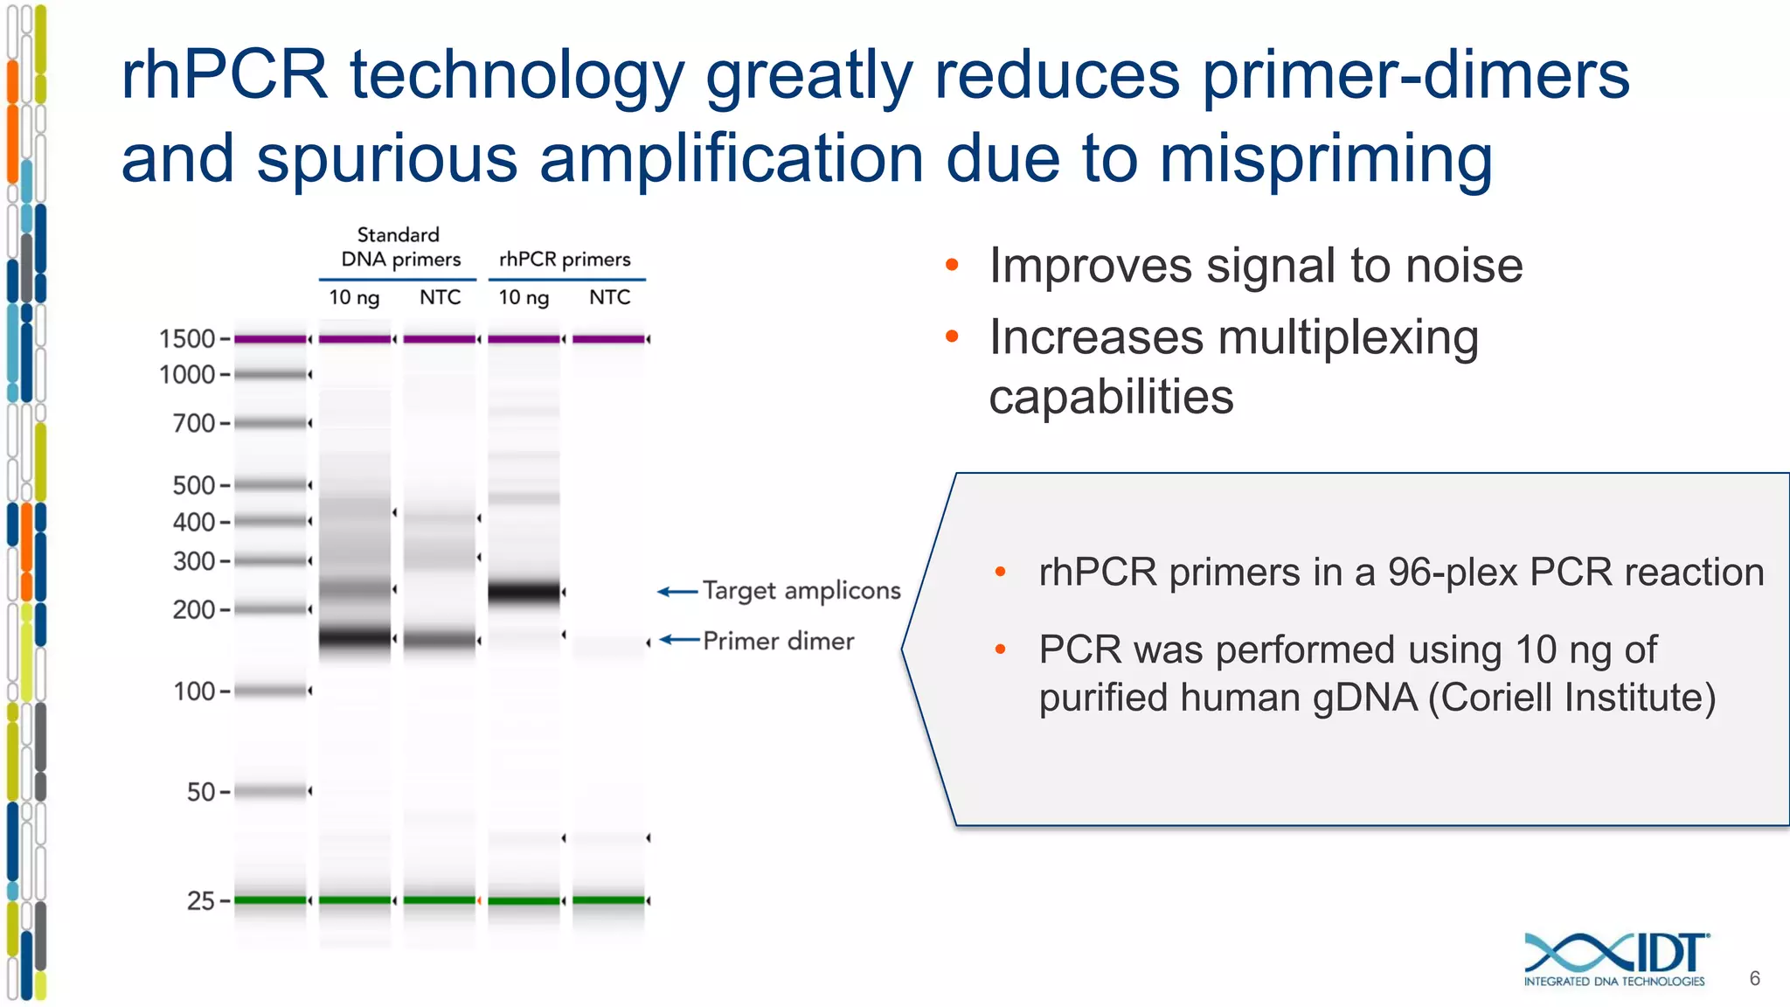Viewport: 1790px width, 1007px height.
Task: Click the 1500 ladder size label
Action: click(187, 338)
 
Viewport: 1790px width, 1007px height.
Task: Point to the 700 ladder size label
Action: click(194, 423)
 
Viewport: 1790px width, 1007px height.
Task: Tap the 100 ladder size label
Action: click(194, 691)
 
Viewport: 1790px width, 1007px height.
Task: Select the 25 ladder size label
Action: click(201, 900)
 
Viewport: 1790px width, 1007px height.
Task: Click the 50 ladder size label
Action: click(201, 792)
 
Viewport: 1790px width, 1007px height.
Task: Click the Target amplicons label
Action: click(801, 591)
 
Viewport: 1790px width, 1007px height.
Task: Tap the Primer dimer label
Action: click(778, 641)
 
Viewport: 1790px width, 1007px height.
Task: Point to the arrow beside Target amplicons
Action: click(677, 592)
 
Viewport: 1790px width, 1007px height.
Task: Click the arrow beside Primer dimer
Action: click(679, 640)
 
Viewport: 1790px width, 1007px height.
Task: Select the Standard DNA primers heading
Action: click(399, 247)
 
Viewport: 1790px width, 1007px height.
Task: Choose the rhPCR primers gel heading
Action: click(565, 260)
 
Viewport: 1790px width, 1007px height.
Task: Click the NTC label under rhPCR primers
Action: click(609, 297)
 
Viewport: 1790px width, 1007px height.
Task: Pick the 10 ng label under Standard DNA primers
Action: click(354, 297)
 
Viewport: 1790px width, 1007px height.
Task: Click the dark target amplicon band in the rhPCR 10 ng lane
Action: click(524, 593)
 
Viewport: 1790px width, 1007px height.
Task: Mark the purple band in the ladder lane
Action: click(270, 338)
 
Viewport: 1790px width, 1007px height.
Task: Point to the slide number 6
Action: click(1754, 978)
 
